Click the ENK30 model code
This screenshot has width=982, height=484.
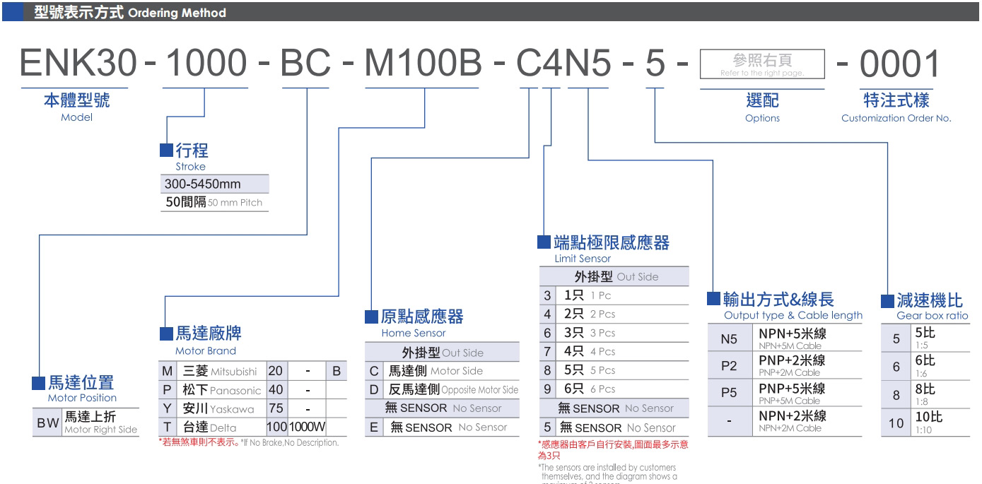pos(78,64)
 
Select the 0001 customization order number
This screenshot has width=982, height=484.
pos(900,64)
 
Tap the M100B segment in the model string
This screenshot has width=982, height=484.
pos(422,64)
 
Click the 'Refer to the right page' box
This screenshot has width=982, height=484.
pos(761,64)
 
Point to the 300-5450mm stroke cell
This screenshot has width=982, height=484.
pos(203,184)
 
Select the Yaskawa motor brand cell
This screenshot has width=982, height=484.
pos(218,408)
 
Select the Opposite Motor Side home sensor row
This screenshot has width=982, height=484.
pos(452,389)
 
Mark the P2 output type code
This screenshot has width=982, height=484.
pos(729,366)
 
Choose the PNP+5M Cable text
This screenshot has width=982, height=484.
pos(789,401)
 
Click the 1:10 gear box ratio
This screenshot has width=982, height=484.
pos(923,430)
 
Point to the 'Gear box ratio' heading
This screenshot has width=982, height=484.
pos(932,315)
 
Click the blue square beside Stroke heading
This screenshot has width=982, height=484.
pos(166,150)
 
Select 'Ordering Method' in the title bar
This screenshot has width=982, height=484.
pos(177,13)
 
